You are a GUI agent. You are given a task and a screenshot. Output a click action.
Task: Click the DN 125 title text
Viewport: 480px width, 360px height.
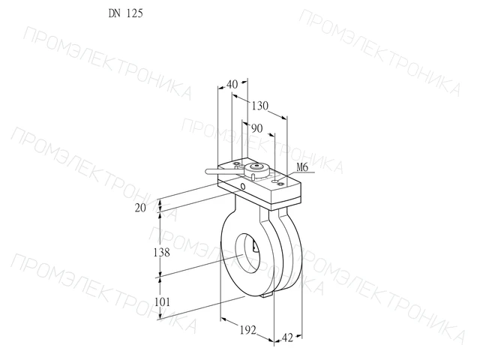click(x=125, y=13)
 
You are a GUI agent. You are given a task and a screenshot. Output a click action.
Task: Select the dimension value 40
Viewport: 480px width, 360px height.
click(x=232, y=84)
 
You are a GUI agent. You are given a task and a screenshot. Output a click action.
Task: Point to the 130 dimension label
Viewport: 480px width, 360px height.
click(x=260, y=106)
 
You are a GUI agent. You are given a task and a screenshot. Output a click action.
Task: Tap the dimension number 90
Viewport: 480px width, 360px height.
click(x=257, y=128)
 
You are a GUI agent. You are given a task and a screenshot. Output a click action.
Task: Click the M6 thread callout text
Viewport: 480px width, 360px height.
click(x=301, y=167)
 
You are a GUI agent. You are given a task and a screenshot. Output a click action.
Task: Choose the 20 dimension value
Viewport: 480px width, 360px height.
click(x=140, y=208)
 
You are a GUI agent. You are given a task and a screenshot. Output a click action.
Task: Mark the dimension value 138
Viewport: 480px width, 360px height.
click(x=161, y=253)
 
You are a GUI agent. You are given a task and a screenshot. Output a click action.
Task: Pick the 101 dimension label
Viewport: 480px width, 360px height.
click(x=162, y=301)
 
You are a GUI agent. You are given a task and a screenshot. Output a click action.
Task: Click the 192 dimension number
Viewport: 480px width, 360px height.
click(x=248, y=330)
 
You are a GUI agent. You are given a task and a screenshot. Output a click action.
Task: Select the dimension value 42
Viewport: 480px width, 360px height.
click(x=287, y=338)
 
